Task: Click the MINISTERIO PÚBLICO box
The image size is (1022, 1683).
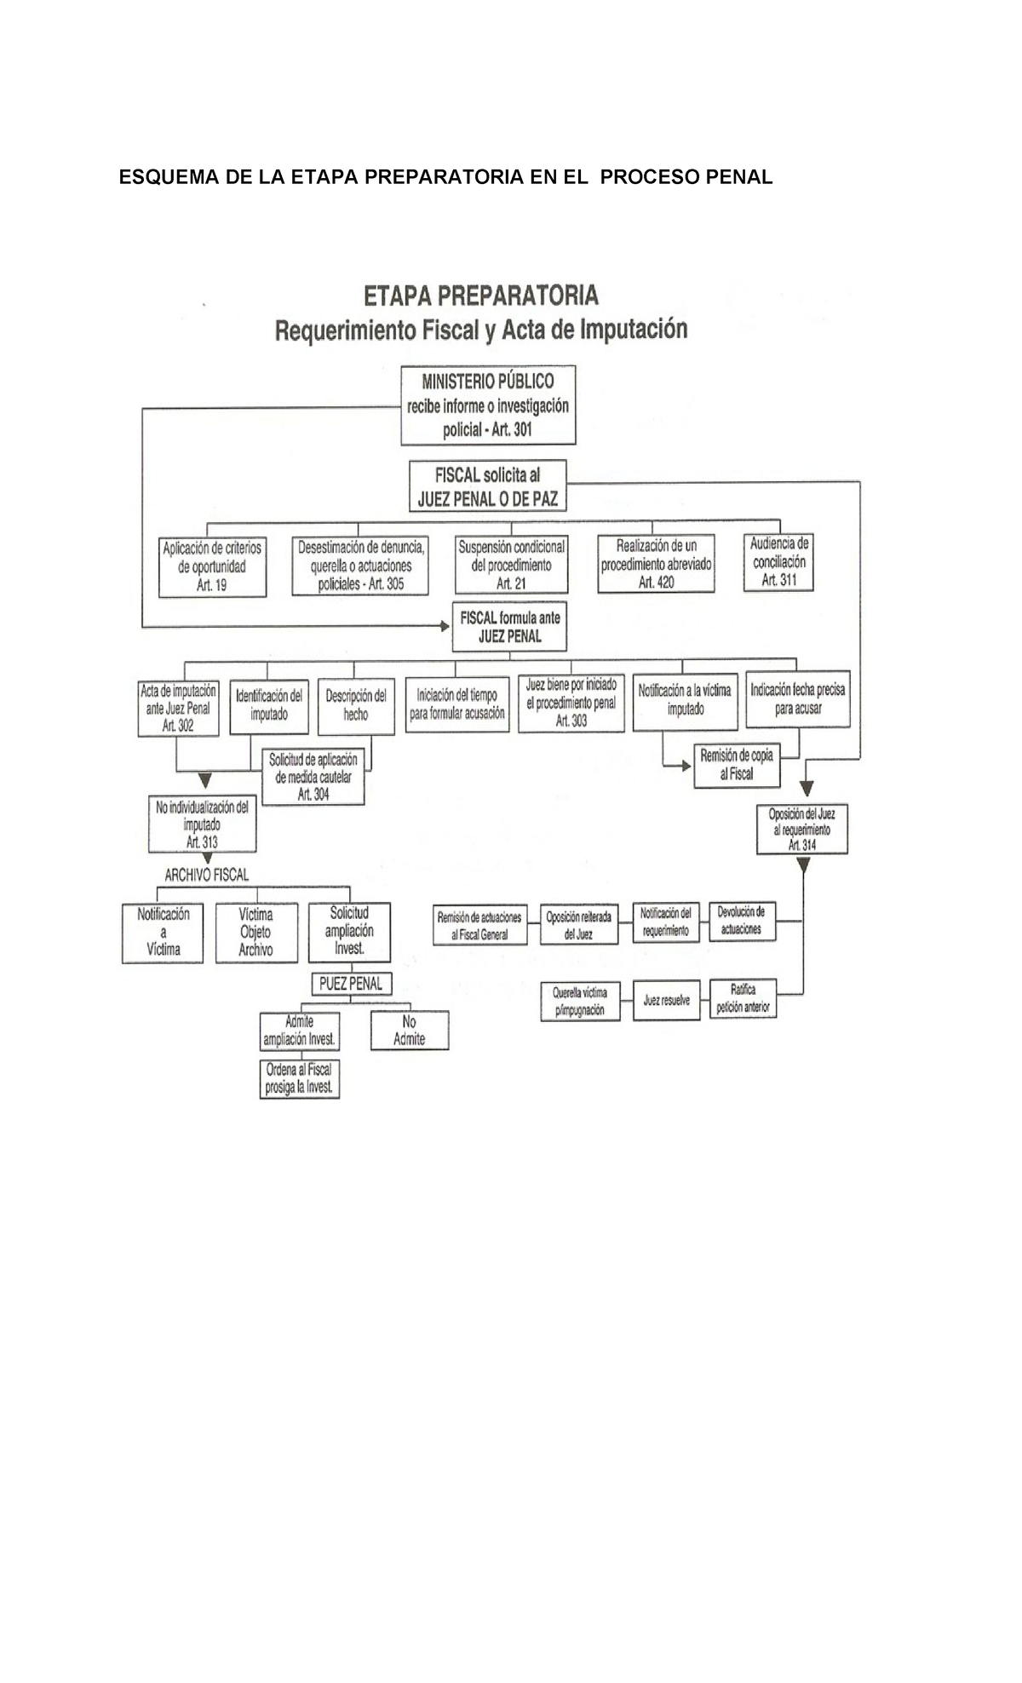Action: pos(488,405)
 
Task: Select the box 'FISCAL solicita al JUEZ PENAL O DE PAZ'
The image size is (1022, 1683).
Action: pos(487,486)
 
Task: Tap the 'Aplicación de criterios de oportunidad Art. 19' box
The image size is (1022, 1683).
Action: pos(212,566)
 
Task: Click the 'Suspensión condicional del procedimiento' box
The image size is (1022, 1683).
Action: pos(511,565)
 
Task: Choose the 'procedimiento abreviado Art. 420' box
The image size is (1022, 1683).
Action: pos(655,564)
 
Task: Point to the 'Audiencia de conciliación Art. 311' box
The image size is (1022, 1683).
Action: pos(778,562)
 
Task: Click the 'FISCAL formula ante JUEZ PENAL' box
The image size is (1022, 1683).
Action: pos(509,627)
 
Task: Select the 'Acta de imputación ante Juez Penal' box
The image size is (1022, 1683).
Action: pos(178,708)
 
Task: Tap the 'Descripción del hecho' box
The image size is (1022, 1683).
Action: pos(356,705)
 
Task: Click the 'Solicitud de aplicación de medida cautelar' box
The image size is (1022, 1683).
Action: pos(313,777)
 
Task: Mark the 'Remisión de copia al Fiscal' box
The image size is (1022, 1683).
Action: pos(736,765)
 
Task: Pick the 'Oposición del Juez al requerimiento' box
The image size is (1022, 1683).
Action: pos(801,830)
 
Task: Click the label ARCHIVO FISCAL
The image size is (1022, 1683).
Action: pos(206,875)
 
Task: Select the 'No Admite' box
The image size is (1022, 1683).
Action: pos(409,1031)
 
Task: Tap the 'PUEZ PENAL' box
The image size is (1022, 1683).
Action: pos(350,984)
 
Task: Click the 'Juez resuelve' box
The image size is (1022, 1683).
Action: pos(666,1001)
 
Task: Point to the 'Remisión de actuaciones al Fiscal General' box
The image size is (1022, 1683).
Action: pos(479,926)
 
